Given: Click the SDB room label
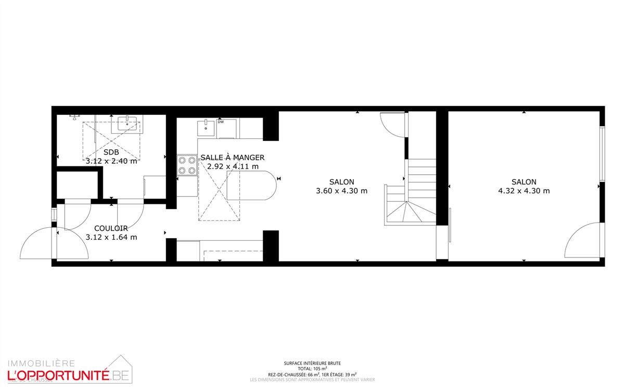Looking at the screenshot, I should (111, 152).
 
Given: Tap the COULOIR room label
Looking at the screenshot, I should (111, 228).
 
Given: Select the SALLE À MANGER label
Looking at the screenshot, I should (233, 158).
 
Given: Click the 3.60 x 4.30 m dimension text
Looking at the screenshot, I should (341, 191).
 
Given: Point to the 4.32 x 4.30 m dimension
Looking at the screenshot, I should (524, 191).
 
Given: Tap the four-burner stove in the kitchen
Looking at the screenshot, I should (187, 165).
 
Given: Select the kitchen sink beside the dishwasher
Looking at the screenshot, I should (207, 127).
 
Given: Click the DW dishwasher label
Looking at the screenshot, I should (221, 123).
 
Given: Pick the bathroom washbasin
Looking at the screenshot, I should (127, 124).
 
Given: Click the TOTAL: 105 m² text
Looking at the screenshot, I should (312, 368).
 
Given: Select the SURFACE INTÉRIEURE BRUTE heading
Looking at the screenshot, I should (312, 363).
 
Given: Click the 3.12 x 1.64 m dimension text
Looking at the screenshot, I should (111, 237).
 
